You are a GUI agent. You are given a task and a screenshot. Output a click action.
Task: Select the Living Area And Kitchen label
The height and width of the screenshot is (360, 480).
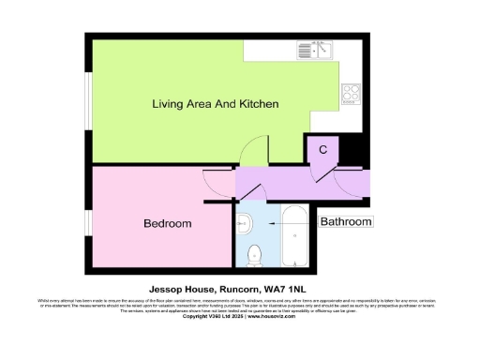click(x=215, y=104)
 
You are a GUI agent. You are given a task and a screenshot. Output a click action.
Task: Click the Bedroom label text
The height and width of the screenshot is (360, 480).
click(x=167, y=223)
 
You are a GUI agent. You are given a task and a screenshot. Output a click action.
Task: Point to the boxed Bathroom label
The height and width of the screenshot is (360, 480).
click(x=346, y=222)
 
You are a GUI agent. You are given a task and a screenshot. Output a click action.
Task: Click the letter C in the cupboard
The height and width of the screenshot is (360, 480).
click(x=322, y=149)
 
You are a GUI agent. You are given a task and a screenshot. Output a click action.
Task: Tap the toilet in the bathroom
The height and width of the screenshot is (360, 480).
click(x=252, y=253)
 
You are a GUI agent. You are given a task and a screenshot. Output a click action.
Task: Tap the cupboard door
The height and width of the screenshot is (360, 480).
click(x=324, y=170)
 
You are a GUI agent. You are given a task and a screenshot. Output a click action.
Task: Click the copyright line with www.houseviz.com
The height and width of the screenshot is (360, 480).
click(x=239, y=316)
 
